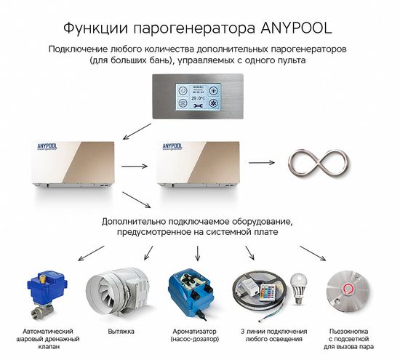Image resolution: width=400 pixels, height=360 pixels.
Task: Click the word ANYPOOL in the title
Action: coord(291,29)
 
